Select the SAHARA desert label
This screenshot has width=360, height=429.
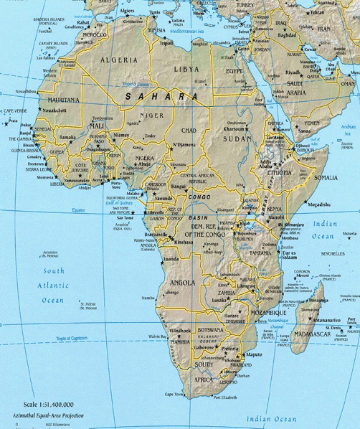pos(161,95)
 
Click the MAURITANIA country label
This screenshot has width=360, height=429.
pos(63,100)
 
